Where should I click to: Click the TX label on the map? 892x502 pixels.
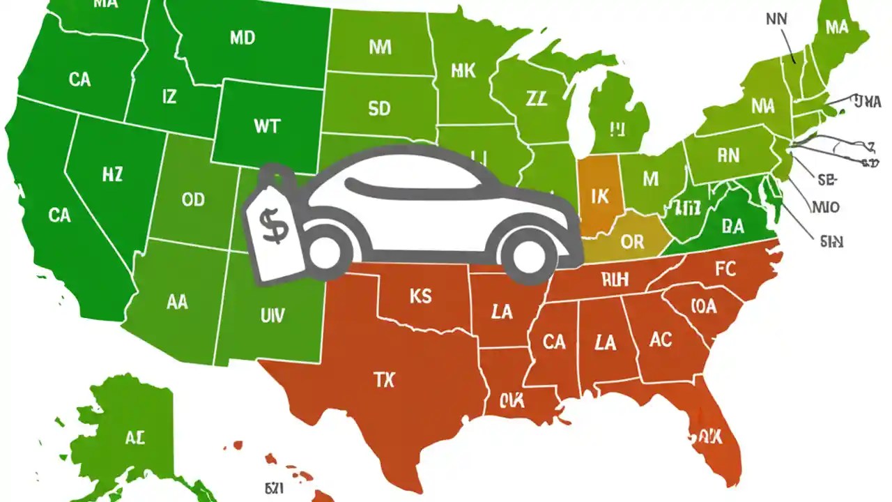tap(384, 380)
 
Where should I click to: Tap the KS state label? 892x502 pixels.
tap(420, 297)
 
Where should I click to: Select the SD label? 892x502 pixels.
tap(379, 109)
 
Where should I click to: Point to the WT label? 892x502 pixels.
tap(267, 126)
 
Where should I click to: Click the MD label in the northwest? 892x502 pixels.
tap(242, 38)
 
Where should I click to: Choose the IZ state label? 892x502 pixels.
tap(169, 97)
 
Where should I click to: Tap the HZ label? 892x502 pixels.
tap(111, 175)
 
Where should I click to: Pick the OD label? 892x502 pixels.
tap(193, 200)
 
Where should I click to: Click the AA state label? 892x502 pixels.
tap(178, 302)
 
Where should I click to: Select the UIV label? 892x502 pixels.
tap(272, 316)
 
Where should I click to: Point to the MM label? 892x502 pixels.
tap(380, 47)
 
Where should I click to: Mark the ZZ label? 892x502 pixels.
tap(537, 99)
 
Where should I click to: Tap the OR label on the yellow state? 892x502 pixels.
tap(632, 242)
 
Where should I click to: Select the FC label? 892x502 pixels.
tap(725, 269)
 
